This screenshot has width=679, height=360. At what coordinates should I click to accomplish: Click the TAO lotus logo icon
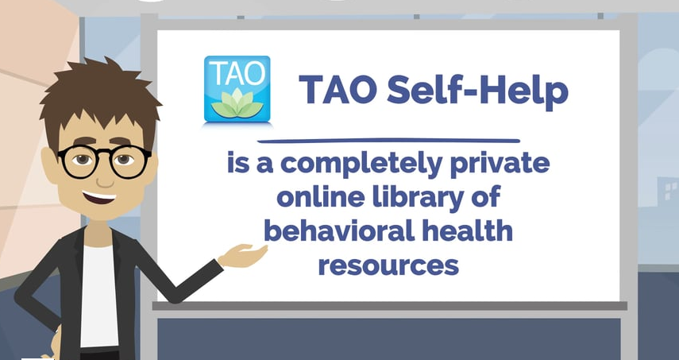coord(237,89)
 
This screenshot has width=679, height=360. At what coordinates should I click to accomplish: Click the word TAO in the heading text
coord(338,90)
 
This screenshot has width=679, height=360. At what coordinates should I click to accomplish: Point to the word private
coord(500,165)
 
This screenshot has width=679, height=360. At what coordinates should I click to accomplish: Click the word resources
coord(388,265)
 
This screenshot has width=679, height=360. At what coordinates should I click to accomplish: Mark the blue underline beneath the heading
coord(388,141)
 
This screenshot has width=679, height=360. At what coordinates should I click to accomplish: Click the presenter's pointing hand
coord(242,255)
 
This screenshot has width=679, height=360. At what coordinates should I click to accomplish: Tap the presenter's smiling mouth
coord(99,198)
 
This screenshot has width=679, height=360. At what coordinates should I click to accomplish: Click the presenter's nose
coord(104,179)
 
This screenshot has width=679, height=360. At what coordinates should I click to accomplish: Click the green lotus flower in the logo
coord(237,103)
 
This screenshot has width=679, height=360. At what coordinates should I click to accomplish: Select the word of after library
coord(487,197)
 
